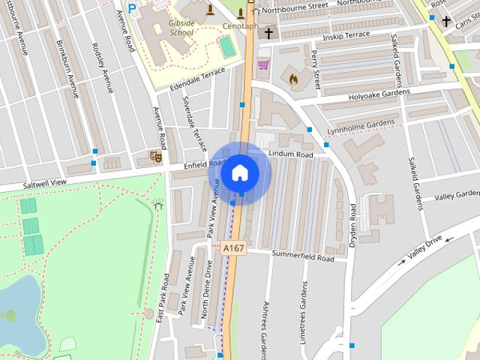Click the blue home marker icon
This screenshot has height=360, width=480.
point(239,172)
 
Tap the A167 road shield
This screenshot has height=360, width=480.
point(233,247)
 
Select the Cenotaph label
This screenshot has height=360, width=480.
point(240,25)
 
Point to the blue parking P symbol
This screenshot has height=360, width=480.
point(132,8)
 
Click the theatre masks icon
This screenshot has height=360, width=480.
point(155,157)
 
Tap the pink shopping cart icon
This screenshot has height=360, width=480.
point(262,65)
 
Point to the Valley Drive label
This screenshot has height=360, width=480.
point(424,248)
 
